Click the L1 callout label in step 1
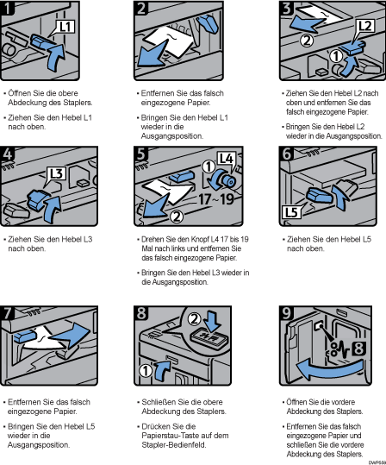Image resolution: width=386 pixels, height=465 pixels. pyautogui.click(x=65, y=27)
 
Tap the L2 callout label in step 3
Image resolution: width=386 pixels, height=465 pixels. pyautogui.click(x=365, y=26)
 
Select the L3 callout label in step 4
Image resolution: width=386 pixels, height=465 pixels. pyautogui.click(x=56, y=173)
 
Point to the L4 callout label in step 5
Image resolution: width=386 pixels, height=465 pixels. pyautogui.click(x=227, y=159)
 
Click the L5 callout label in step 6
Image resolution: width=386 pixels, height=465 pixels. pyautogui.click(x=291, y=212)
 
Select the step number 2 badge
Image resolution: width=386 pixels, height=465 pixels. pyautogui.click(x=141, y=8)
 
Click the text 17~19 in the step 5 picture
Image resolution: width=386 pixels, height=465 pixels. pyautogui.click(x=215, y=199)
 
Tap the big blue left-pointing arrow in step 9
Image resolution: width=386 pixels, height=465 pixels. pyautogui.click(x=328, y=369)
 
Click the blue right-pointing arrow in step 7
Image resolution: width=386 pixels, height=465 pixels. pyautogui.click(x=70, y=335)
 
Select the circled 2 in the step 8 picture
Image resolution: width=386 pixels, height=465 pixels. pyautogui.click(x=195, y=319)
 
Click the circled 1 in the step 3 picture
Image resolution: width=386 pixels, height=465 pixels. pyautogui.click(x=336, y=56)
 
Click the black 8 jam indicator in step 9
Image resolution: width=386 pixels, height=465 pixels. pyautogui.click(x=358, y=349)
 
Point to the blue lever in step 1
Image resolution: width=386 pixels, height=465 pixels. pyautogui.click(x=42, y=41)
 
